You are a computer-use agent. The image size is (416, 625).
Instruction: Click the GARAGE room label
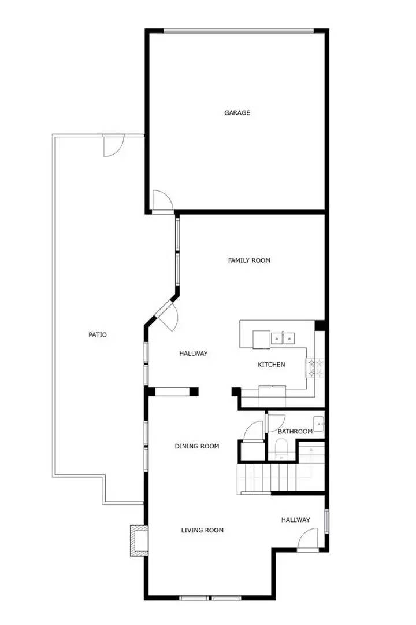point(237,113)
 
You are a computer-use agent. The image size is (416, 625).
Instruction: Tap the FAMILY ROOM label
point(249,260)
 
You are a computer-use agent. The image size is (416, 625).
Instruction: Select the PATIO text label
point(97,334)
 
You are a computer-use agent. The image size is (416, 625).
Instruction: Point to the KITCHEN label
point(271,365)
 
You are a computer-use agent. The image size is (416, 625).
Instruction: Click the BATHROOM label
point(295,431)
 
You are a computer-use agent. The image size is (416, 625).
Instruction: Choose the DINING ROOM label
point(197,446)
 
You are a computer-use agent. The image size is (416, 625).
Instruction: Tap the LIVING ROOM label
point(202,530)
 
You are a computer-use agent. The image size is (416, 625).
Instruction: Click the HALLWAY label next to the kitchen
point(193,354)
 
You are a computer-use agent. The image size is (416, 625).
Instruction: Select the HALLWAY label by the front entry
point(295,520)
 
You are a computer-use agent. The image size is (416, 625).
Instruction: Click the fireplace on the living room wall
point(138,541)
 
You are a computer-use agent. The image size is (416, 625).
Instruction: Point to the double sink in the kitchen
point(283,337)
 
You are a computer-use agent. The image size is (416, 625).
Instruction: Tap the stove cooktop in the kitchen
point(315,369)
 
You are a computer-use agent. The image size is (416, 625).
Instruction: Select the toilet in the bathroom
point(281,448)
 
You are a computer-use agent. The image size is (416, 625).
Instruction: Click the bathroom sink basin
point(318,422)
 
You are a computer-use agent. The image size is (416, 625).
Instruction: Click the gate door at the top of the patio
point(113,145)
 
